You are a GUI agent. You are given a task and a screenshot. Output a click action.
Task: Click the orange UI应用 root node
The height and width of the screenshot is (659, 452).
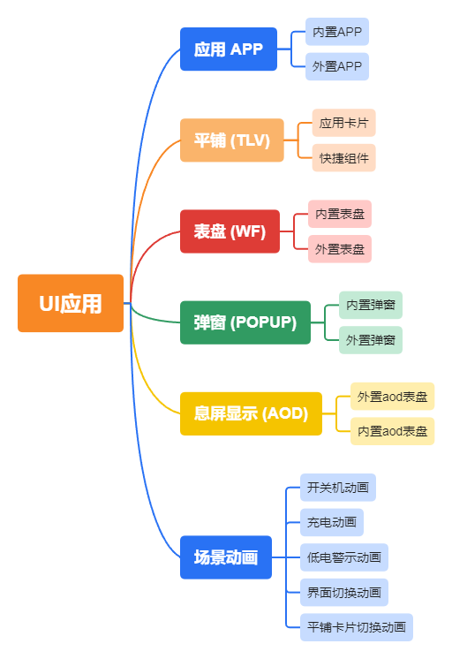pos(71,303)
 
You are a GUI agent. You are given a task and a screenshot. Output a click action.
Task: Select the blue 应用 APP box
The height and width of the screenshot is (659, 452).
pos(228,49)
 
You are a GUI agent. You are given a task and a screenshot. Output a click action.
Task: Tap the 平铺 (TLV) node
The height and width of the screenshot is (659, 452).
pos(232,140)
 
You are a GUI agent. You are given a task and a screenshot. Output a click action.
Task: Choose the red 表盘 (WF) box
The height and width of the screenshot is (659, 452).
pos(230,231)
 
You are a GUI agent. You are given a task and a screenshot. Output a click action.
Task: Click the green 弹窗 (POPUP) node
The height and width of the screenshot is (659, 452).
pos(245,322)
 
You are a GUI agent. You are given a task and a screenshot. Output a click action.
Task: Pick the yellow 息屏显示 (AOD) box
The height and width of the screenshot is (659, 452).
pos(251,413)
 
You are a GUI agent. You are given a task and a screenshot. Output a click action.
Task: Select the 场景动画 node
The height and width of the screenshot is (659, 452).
pos(226,557)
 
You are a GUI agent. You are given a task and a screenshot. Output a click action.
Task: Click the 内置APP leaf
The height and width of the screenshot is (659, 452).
pos(337,32)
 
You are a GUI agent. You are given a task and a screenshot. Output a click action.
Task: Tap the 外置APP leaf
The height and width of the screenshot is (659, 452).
pos(337,66)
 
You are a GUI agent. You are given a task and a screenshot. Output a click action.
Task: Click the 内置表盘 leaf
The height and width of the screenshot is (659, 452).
pos(340,214)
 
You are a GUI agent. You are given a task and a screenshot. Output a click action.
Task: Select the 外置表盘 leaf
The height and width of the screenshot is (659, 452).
pos(340,249)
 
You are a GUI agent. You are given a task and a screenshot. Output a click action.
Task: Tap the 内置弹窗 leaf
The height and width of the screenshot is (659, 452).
pos(371,305)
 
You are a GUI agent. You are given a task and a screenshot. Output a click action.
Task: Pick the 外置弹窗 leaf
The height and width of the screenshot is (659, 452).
pos(371,340)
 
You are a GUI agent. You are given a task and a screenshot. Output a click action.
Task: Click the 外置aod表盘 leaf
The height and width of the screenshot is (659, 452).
pos(393,397)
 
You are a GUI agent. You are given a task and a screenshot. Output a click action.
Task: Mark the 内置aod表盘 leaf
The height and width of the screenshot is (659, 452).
pos(393,431)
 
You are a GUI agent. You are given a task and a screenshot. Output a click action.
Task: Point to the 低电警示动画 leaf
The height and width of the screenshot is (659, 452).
pos(344,557)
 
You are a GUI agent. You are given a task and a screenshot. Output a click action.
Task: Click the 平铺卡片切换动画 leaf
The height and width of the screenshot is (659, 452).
pos(357,627)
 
